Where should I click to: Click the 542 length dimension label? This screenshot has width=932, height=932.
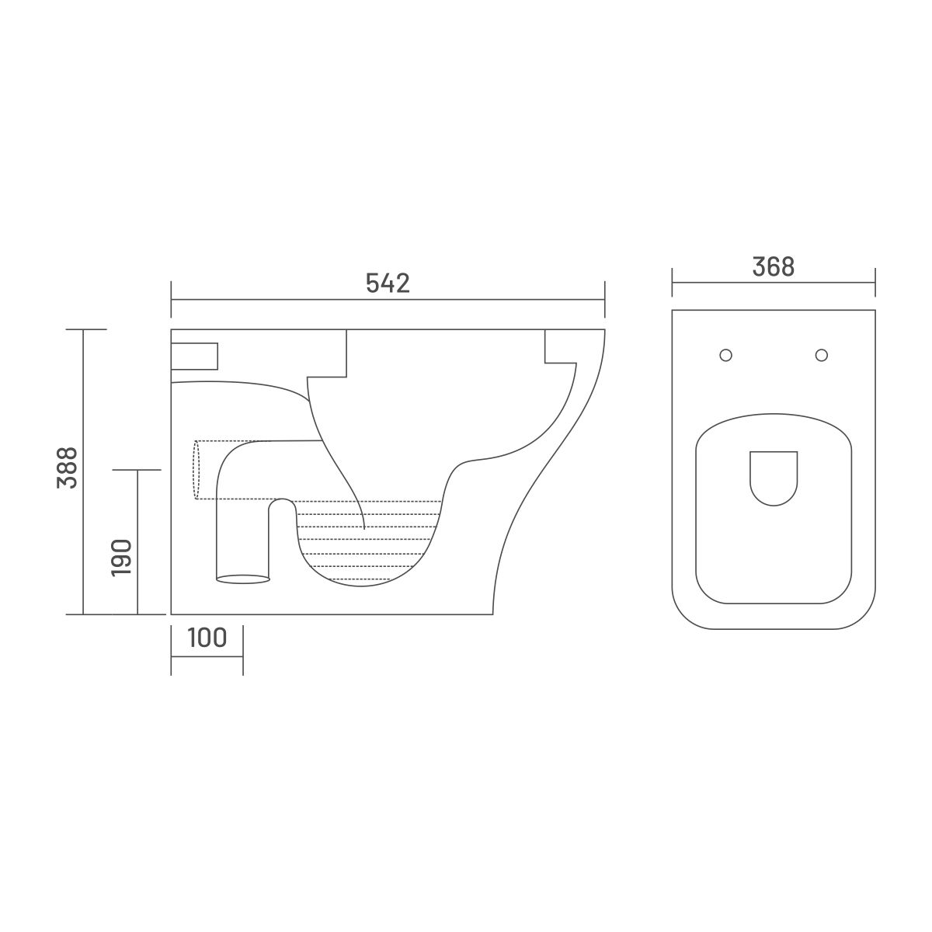(x=388, y=283)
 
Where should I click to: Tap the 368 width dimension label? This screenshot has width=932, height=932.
(x=774, y=266)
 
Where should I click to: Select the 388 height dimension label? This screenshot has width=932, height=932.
(x=67, y=468)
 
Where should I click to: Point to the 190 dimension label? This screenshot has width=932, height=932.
(x=121, y=558)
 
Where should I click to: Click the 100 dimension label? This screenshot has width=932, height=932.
(x=207, y=638)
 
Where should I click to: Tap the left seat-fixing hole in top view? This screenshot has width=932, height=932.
(x=725, y=355)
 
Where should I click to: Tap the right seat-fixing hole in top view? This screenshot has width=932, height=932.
(x=821, y=355)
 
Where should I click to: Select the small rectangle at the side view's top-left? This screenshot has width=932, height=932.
(x=194, y=356)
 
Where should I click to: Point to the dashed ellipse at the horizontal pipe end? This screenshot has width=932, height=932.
(x=196, y=470)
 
